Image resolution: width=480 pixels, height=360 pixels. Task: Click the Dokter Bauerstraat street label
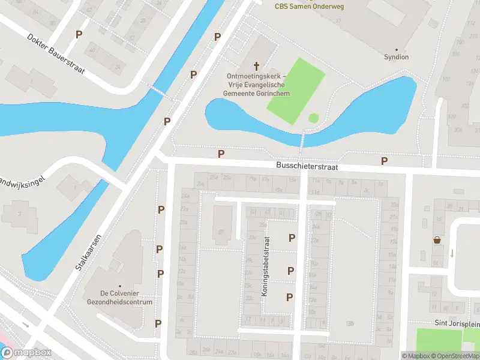[x=56, y=53]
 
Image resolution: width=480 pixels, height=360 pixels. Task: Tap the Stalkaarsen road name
[x=88, y=252]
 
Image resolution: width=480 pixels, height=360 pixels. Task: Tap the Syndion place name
[x=396, y=57]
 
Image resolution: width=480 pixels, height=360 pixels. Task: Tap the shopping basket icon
[x=437, y=241]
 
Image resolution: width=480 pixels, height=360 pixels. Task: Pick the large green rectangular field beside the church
[x=296, y=91]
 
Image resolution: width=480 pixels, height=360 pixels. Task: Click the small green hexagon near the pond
[x=313, y=118]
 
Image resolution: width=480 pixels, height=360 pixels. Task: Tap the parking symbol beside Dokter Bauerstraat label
[x=79, y=35]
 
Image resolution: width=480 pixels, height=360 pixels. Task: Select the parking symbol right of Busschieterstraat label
[x=384, y=161]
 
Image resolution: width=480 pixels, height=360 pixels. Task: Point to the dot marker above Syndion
[x=396, y=49]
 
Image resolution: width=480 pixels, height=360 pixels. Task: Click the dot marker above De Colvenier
[x=119, y=286]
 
